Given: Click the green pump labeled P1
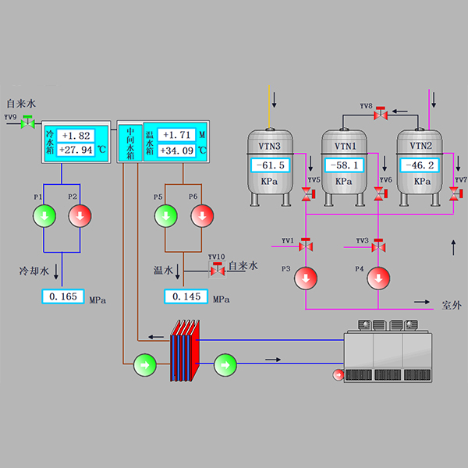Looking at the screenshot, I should [x=44, y=214].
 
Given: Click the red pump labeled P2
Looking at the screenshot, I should [x=80, y=214].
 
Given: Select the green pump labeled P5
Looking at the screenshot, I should [x=166, y=214].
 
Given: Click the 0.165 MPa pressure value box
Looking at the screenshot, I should [x=62, y=296].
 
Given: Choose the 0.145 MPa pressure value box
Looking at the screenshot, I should [x=186, y=296].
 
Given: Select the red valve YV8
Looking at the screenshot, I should [x=381, y=114].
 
